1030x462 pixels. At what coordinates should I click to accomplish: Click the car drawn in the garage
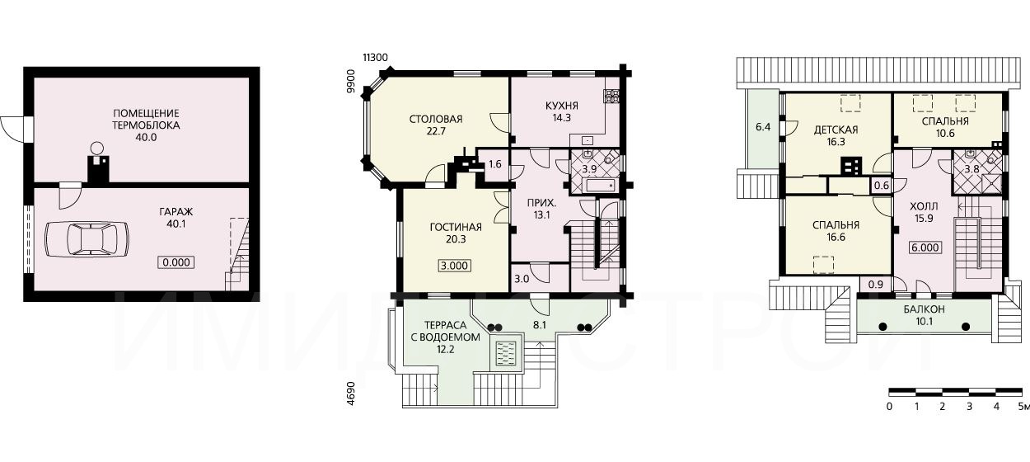(x=87, y=238)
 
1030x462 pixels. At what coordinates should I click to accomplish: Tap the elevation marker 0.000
(x=176, y=262)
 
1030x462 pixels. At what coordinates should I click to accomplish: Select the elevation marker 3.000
(x=454, y=266)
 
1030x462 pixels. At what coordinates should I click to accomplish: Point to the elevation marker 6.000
(x=925, y=247)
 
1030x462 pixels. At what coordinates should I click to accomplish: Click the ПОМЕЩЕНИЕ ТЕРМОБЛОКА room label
(x=146, y=119)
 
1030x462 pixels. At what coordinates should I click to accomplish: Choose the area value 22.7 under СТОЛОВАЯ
(x=436, y=131)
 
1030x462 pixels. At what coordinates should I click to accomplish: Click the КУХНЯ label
(x=561, y=106)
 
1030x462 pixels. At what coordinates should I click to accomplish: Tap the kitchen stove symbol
(x=612, y=95)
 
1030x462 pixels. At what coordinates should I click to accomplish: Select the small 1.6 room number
(x=494, y=164)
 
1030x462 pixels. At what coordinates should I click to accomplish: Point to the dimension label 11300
(x=375, y=58)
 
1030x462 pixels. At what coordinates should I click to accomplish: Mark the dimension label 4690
(x=351, y=393)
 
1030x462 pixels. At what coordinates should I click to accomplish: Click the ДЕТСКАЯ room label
(x=836, y=130)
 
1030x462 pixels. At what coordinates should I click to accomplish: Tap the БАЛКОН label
(x=925, y=309)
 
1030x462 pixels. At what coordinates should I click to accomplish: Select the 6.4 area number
(x=763, y=126)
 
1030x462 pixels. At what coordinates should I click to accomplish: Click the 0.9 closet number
(x=875, y=285)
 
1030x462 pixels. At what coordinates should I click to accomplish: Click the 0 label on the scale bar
(x=889, y=407)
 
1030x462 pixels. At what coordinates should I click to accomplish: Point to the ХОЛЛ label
(x=924, y=206)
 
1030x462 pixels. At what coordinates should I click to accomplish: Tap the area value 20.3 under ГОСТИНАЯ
(x=456, y=239)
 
